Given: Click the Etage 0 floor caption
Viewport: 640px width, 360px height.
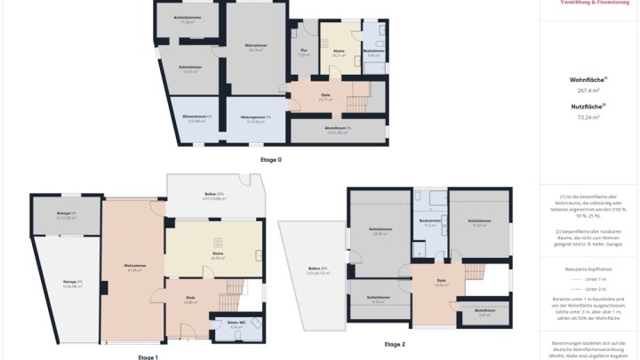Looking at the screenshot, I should coord(270,159).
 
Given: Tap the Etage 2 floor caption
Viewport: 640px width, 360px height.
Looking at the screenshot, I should coord(395,343).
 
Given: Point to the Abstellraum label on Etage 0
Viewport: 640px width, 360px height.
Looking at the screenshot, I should coord(339,130).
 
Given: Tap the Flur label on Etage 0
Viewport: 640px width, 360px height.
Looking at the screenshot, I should coord(302,52).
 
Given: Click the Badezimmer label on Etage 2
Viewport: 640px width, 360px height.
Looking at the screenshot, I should coord(430,223).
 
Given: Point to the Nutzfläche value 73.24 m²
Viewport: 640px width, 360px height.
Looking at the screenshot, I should coord(588,116).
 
